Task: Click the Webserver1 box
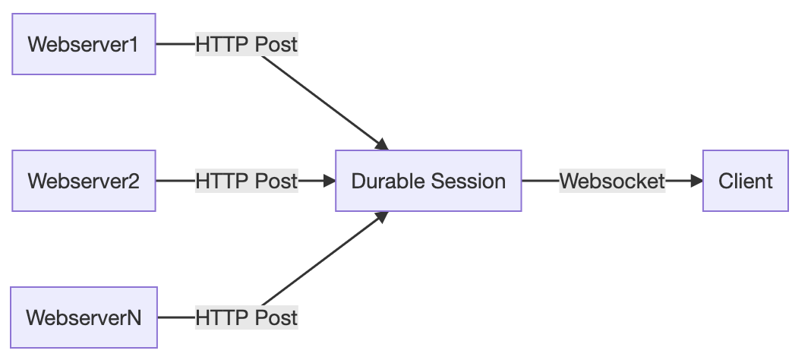pos(84,44)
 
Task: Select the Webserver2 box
pos(84,181)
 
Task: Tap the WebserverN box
pos(84,317)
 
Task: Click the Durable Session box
pos(428,181)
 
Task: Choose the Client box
pos(745,181)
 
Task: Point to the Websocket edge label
pos(612,181)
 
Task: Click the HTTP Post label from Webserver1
pos(246,45)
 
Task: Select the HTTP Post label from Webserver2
pos(246,181)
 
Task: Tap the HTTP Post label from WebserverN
pos(246,317)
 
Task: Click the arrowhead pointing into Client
pos(696,181)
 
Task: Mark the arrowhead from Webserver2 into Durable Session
pos(330,181)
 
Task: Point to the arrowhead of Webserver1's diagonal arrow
pos(382,144)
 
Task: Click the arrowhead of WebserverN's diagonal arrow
pos(382,218)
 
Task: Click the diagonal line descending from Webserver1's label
pos(320,99)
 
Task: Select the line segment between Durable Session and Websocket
pos(541,181)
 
